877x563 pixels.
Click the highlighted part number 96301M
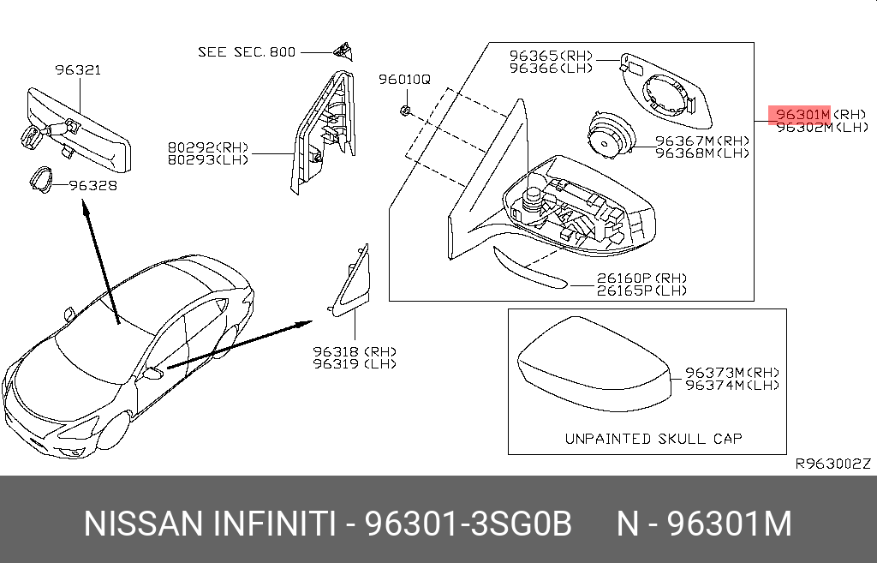click(802, 115)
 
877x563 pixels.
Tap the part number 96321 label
click(78, 70)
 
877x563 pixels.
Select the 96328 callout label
click(92, 185)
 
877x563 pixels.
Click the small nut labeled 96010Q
click(405, 110)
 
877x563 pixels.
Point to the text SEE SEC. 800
click(247, 52)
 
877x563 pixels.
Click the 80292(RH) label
click(208, 147)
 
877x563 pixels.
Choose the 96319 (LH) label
click(355, 364)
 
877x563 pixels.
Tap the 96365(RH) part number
click(551, 56)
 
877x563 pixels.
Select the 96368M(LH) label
click(702, 153)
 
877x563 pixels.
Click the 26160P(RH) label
click(642, 279)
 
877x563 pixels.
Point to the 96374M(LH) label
click(733, 385)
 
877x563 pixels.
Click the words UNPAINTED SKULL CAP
click(653, 439)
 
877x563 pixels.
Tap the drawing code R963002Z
click(833, 464)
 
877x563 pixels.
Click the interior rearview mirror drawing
click(78, 131)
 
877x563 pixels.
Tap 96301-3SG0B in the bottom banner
click(468, 524)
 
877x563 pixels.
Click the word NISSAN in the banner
click(143, 524)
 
